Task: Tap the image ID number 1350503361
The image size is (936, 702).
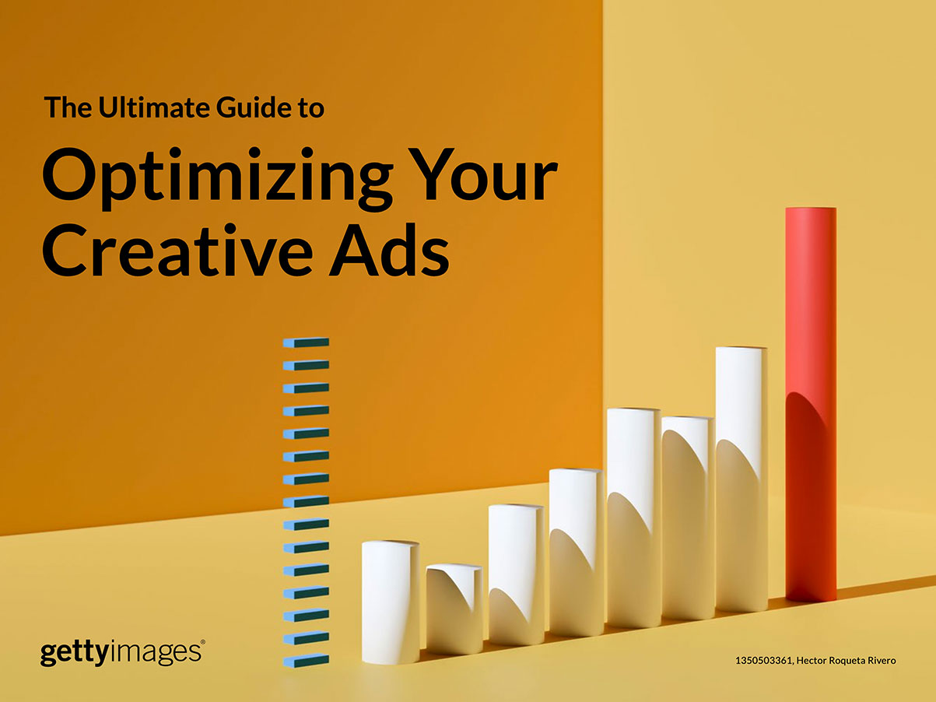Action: tap(764, 660)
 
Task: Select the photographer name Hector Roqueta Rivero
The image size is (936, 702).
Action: tap(846, 660)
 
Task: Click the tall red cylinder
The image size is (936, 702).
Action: tap(811, 404)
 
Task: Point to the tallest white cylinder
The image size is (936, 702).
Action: tap(741, 479)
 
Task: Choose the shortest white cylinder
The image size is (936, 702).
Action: tap(454, 609)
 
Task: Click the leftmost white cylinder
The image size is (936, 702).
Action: tap(391, 602)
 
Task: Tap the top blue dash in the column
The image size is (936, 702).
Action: tap(307, 342)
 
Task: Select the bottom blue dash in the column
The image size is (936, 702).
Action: tap(307, 661)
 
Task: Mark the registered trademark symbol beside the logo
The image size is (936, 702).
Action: tap(202, 641)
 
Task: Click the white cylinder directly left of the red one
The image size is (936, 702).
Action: tap(741, 479)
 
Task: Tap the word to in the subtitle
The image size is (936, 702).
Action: tap(311, 109)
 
